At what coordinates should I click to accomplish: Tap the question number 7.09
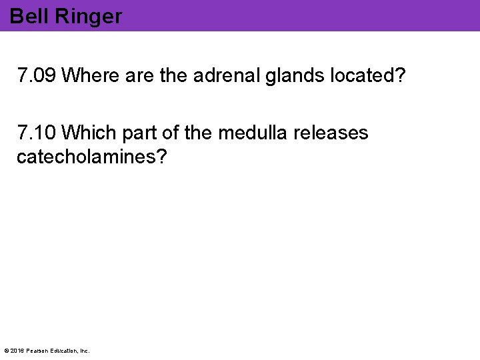tap(37, 76)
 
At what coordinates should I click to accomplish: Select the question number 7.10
tap(37, 133)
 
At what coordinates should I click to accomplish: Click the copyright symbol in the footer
tap(7, 351)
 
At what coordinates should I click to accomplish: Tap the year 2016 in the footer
tap(17, 351)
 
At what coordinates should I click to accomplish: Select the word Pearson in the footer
tap(37, 351)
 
